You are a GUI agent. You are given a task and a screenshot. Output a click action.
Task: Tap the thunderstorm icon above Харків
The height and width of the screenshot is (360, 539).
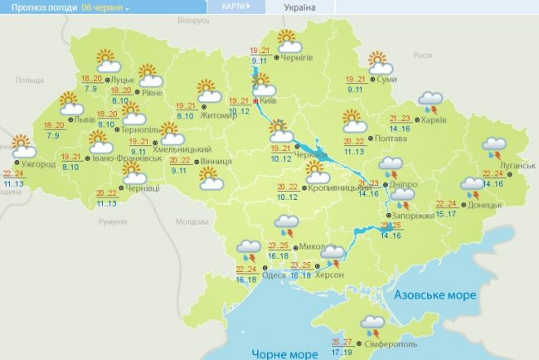[x=430, y=102]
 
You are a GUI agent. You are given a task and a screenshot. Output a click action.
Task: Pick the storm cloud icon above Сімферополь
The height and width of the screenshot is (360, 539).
[x=372, y=324]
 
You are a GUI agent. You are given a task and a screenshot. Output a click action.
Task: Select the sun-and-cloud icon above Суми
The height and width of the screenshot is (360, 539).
[x=377, y=62]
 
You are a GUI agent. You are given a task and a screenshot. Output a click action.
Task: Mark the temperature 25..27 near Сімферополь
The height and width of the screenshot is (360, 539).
[x=342, y=341]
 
